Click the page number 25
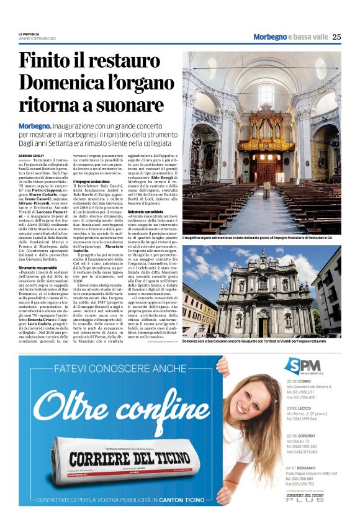click(x=336, y=37)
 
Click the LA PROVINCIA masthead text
click(x=29, y=34)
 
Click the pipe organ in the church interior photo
click(x=266, y=134)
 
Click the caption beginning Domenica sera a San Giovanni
click(x=261, y=342)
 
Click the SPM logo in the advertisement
click(x=302, y=367)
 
